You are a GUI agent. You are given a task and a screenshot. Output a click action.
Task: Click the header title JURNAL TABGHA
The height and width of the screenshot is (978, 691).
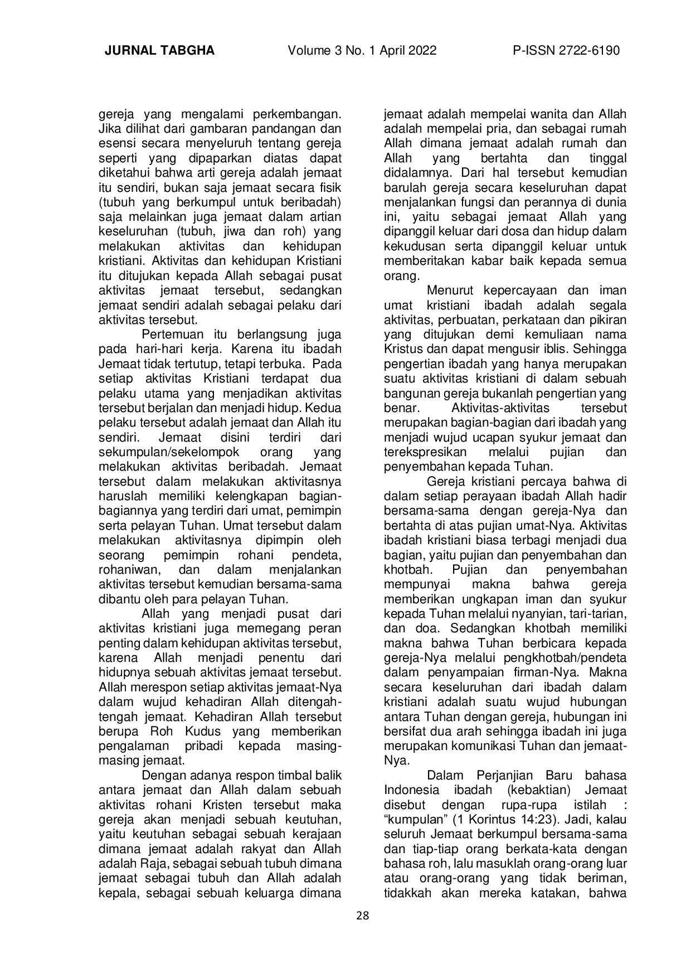pos(159,51)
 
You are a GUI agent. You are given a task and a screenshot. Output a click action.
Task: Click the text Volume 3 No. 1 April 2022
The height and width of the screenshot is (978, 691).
pos(362,51)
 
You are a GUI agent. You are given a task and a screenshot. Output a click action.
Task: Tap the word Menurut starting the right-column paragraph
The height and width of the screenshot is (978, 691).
pos(450,291)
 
